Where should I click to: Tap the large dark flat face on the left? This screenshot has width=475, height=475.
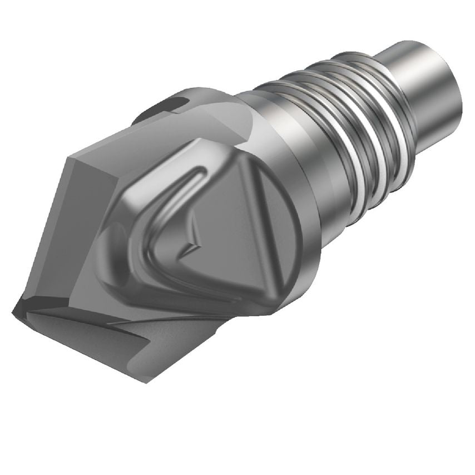point(72,222)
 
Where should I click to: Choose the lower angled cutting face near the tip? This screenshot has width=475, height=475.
point(100,339)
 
